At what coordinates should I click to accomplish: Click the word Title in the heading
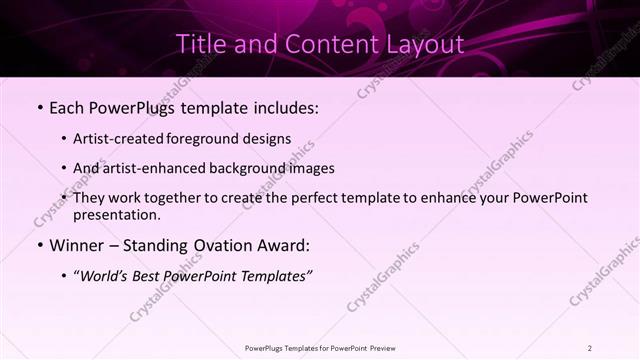click(x=200, y=45)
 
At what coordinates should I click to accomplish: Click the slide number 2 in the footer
click(x=590, y=348)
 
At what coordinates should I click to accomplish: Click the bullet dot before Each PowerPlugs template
click(x=38, y=106)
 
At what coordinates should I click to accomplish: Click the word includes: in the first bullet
click(x=288, y=106)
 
